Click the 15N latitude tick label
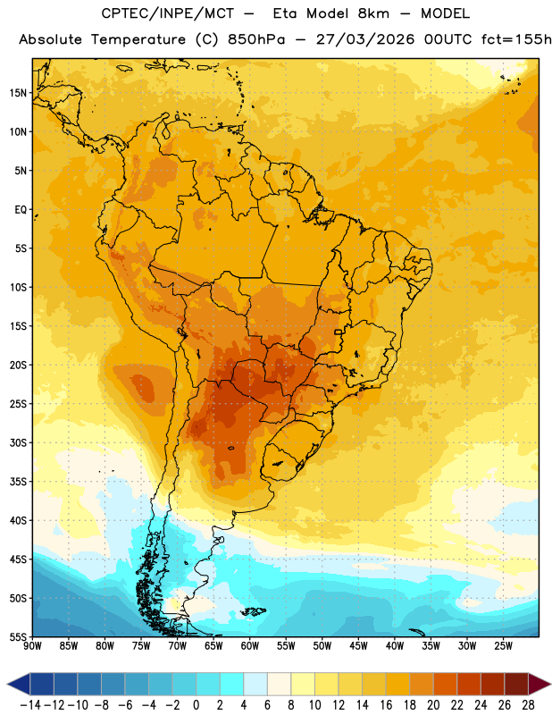[x=18, y=93]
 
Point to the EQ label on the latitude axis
[x=21, y=210]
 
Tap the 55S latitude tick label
[x=18, y=636]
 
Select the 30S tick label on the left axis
[x=18, y=442]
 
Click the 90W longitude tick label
[x=32, y=646]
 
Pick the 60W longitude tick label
[x=250, y=646]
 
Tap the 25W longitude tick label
[x=503, y=646]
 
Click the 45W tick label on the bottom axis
[x=358, y=646]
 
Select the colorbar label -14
[x=30, y=705]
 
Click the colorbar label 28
[x=528, y=705]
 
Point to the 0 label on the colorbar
[x=196, y=705]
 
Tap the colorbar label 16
[x=386, y=705]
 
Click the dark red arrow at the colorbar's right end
[x=538, y=684]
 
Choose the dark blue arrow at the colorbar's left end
[x=19, y=684]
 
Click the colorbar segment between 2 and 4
[x=231, y=684]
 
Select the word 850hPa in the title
[x=256, y=39]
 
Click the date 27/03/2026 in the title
[x=365, y=39]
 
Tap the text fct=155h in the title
[x=516, y=39]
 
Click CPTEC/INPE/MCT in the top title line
[x=167, y=13]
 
